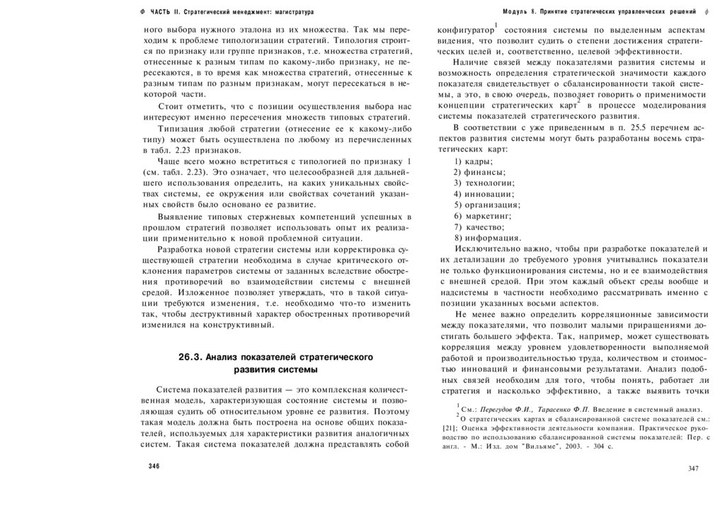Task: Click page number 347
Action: [693, 468]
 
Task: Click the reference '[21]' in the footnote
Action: [449, 428]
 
